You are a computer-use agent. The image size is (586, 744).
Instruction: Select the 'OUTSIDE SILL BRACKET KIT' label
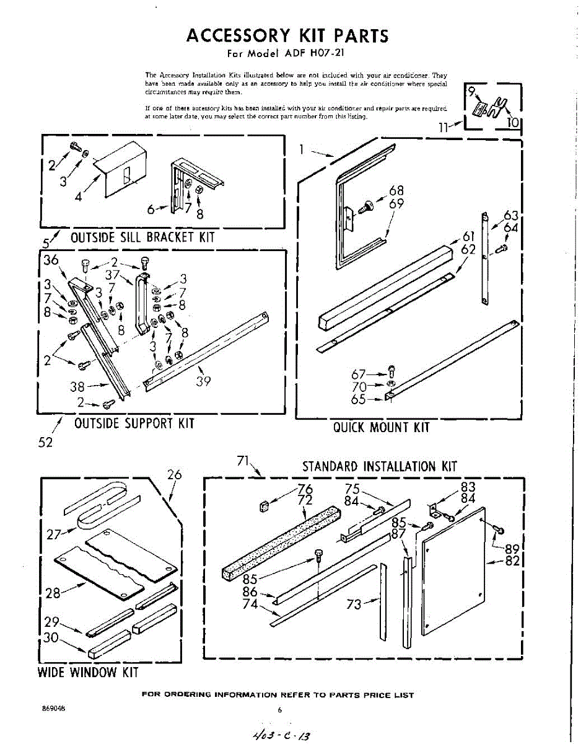(x=142, y=237)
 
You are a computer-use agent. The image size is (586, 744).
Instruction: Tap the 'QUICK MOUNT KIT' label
(x=381, y=427)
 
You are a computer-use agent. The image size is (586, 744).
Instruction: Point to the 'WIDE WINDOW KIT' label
(x=88, y=672)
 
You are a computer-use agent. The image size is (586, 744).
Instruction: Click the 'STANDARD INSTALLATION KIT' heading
(x=379, y=466)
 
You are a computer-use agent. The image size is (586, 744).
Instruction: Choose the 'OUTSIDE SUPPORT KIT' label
(x=134, y=423)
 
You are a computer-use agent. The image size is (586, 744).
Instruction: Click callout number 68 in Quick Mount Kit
(x=396, y=191)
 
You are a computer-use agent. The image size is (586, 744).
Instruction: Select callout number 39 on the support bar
(x=204, y=381)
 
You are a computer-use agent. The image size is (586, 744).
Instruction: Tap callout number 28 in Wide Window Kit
(x=53, y=593)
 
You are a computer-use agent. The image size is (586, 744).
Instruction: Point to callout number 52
(x=45, y=443)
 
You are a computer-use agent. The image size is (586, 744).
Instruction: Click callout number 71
(x=243, y=461)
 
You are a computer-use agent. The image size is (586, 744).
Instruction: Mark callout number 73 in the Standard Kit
(x=354, y=604)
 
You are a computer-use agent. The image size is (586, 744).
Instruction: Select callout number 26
(x=175, y=475)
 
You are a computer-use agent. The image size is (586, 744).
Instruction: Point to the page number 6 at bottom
(x=280, y=711)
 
